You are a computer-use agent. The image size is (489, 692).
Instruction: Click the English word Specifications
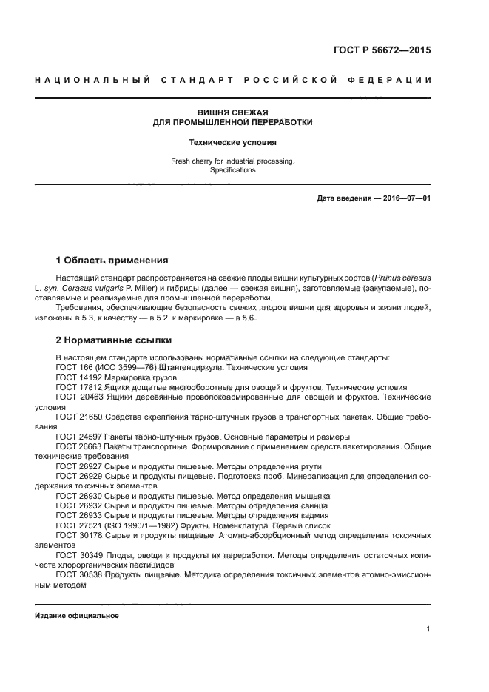click(232, 169)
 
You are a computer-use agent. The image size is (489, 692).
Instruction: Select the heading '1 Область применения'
click(112, 261)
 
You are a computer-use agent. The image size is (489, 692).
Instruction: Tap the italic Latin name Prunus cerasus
click(405, 277)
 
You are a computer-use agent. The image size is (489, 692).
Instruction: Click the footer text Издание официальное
click(77, 616)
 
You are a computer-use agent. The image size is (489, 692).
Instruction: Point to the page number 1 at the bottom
click(428, 630)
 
